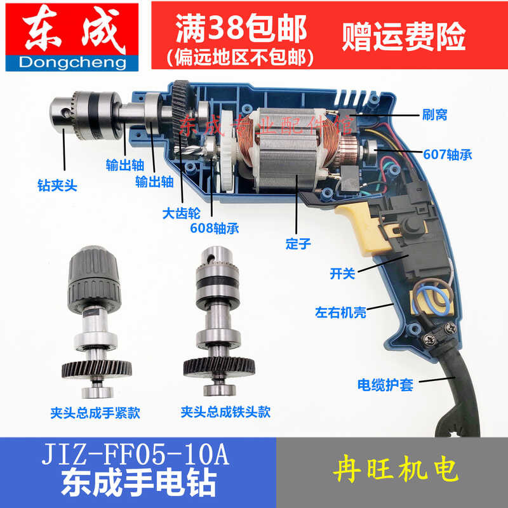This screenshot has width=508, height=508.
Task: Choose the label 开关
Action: (x=342, y=274)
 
